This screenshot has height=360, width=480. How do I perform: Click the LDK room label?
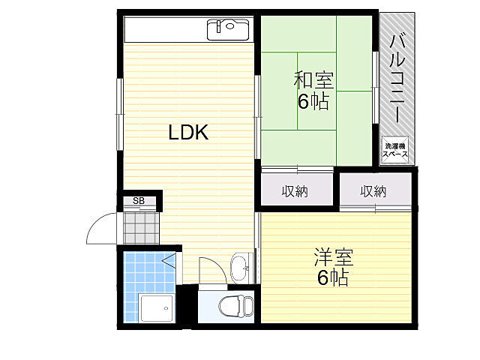(x=187, y=133)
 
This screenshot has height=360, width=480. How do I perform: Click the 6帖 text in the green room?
(x=313, y=101)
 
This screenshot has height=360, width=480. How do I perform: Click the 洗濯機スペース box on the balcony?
(x=396, y=150)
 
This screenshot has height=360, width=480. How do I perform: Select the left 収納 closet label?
(x=295, y=191)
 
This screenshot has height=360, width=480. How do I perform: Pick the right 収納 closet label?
(x=373, y=191)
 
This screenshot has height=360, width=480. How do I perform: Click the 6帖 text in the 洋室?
(x=333, y=278)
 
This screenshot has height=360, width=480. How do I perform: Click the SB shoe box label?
(x=139, y=200)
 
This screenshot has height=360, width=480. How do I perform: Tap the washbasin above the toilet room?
(x=241, y=267)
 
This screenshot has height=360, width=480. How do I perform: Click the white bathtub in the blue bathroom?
(x=156, y=307)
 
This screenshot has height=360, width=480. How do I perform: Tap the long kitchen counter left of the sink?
(x=165, y=30)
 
